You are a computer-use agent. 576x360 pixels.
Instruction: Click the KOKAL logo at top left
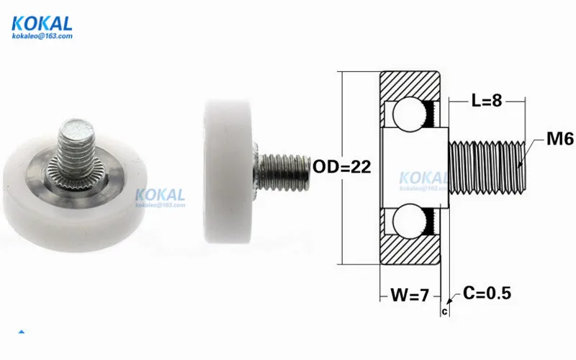(42, 24)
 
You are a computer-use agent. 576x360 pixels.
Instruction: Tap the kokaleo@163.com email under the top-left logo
(42, 36)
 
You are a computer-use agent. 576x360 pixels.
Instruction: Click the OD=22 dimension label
(341, 167)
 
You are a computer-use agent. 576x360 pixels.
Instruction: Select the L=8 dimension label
(487, 100)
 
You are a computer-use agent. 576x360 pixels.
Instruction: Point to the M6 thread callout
(560, 139)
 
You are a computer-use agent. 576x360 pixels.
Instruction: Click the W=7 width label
(410, 294)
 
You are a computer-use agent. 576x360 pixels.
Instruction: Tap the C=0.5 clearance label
(487, 293)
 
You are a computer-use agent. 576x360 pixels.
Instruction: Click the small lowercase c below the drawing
(445, 312)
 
